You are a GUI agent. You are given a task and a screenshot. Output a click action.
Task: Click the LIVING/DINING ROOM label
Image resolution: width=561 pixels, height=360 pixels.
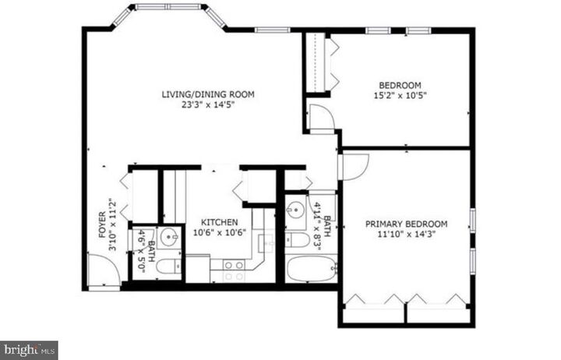click(x=208, y=95)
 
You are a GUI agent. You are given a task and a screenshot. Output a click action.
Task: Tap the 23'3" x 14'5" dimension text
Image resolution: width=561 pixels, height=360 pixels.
click(x=208, y=105)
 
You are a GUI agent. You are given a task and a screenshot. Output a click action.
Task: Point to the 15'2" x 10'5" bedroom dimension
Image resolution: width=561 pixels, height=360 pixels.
click(x=400, y=96)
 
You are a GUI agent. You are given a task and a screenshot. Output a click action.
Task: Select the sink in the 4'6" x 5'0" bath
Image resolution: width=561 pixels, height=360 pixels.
click(x=168, y=238)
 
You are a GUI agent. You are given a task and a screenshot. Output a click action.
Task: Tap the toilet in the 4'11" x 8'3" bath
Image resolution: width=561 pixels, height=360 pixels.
click(x=298, y=242)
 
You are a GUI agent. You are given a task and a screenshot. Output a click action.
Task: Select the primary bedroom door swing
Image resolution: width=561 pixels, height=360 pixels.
click(x=353, y=166)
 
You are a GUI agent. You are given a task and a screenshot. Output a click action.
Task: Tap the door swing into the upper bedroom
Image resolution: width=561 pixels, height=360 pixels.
click(x=321, y=117)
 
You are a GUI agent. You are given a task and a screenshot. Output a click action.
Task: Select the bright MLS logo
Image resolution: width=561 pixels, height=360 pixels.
click(x=29, y=350)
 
